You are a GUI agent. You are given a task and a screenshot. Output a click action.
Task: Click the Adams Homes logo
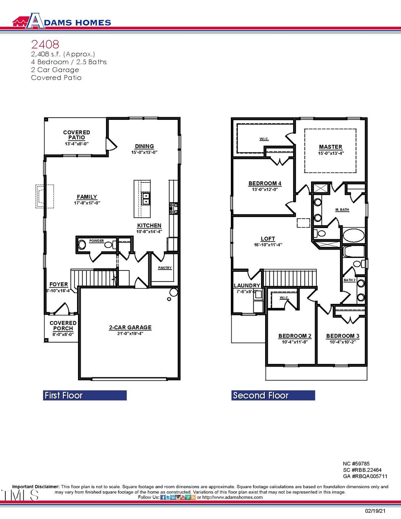(x=61, y=21)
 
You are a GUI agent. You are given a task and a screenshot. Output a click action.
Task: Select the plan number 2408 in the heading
(x=45, y=44)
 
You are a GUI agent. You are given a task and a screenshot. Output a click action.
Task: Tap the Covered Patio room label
(x=76, y=135)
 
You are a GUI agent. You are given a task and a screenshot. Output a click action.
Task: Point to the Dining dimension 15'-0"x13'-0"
(x=144, y=152)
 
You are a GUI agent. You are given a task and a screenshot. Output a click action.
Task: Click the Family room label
(x=86, y=197)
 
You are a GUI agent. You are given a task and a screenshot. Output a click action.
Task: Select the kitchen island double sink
(x=146, y=198)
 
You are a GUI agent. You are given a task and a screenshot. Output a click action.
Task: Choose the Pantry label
(x=164, y=268)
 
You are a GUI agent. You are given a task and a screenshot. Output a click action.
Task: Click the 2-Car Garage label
(x=130, y=327)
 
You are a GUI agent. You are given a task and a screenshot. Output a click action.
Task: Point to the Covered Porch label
(x=63, y=326)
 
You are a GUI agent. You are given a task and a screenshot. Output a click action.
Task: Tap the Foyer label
(x=59, y=284)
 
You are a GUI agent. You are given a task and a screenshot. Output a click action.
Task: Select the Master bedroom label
(x=330, y=147)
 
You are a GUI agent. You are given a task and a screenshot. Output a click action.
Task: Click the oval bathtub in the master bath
(x=353, y=235)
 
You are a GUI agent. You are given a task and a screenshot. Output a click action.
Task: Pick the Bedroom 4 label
(x=265, y=183)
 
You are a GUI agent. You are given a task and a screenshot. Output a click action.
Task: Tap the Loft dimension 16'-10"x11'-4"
(x=268, y=245)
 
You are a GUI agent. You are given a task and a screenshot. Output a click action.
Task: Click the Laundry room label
(x=247, y=286)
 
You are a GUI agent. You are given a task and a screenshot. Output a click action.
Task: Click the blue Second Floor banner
(x=273, y=396)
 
